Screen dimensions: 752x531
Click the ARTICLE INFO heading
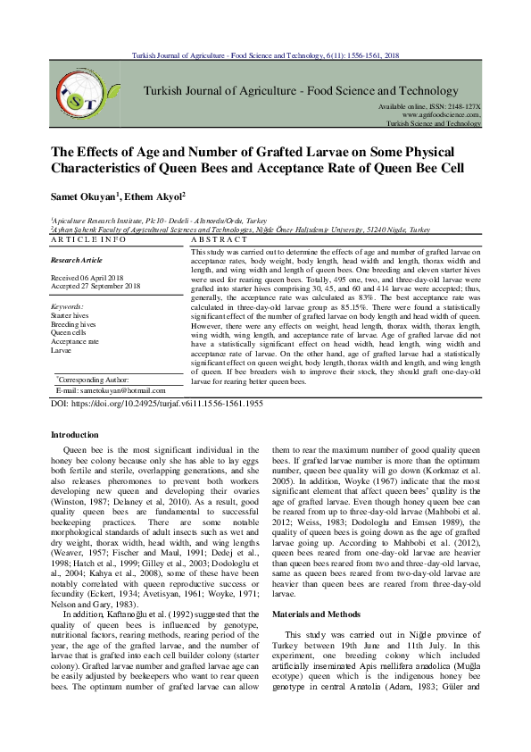pyautogui.click(x=88, y=240)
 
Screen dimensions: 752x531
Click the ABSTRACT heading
pyautogui.click(x=220, y=240)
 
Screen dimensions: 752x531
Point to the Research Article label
pyautogui.click(x=77, y=260)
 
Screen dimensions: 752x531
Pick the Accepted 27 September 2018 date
pyautogui.click(x=95, y=286)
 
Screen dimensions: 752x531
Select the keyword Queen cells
pyautogui.click(x=69, y=332)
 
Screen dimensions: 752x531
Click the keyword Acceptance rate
pyautogui.click(x=75, y=341)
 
